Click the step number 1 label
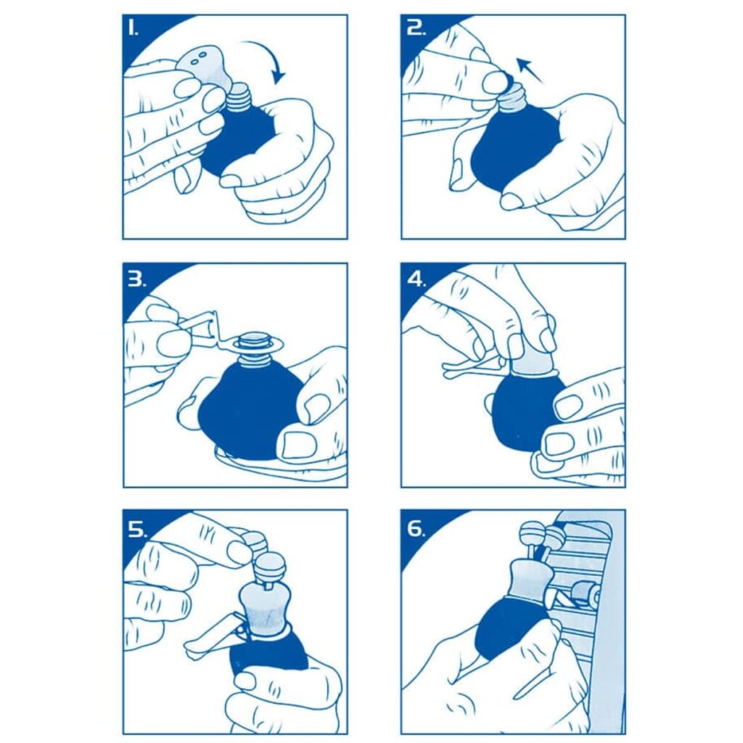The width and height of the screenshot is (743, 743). [134, 29]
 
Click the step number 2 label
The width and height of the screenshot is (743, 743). [416, 29]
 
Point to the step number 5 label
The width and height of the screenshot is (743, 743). [137, 529]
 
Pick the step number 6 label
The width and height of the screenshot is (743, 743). [416, 529]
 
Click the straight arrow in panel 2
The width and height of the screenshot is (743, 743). [529, 70]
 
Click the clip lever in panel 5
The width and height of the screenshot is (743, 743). [213, 636]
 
